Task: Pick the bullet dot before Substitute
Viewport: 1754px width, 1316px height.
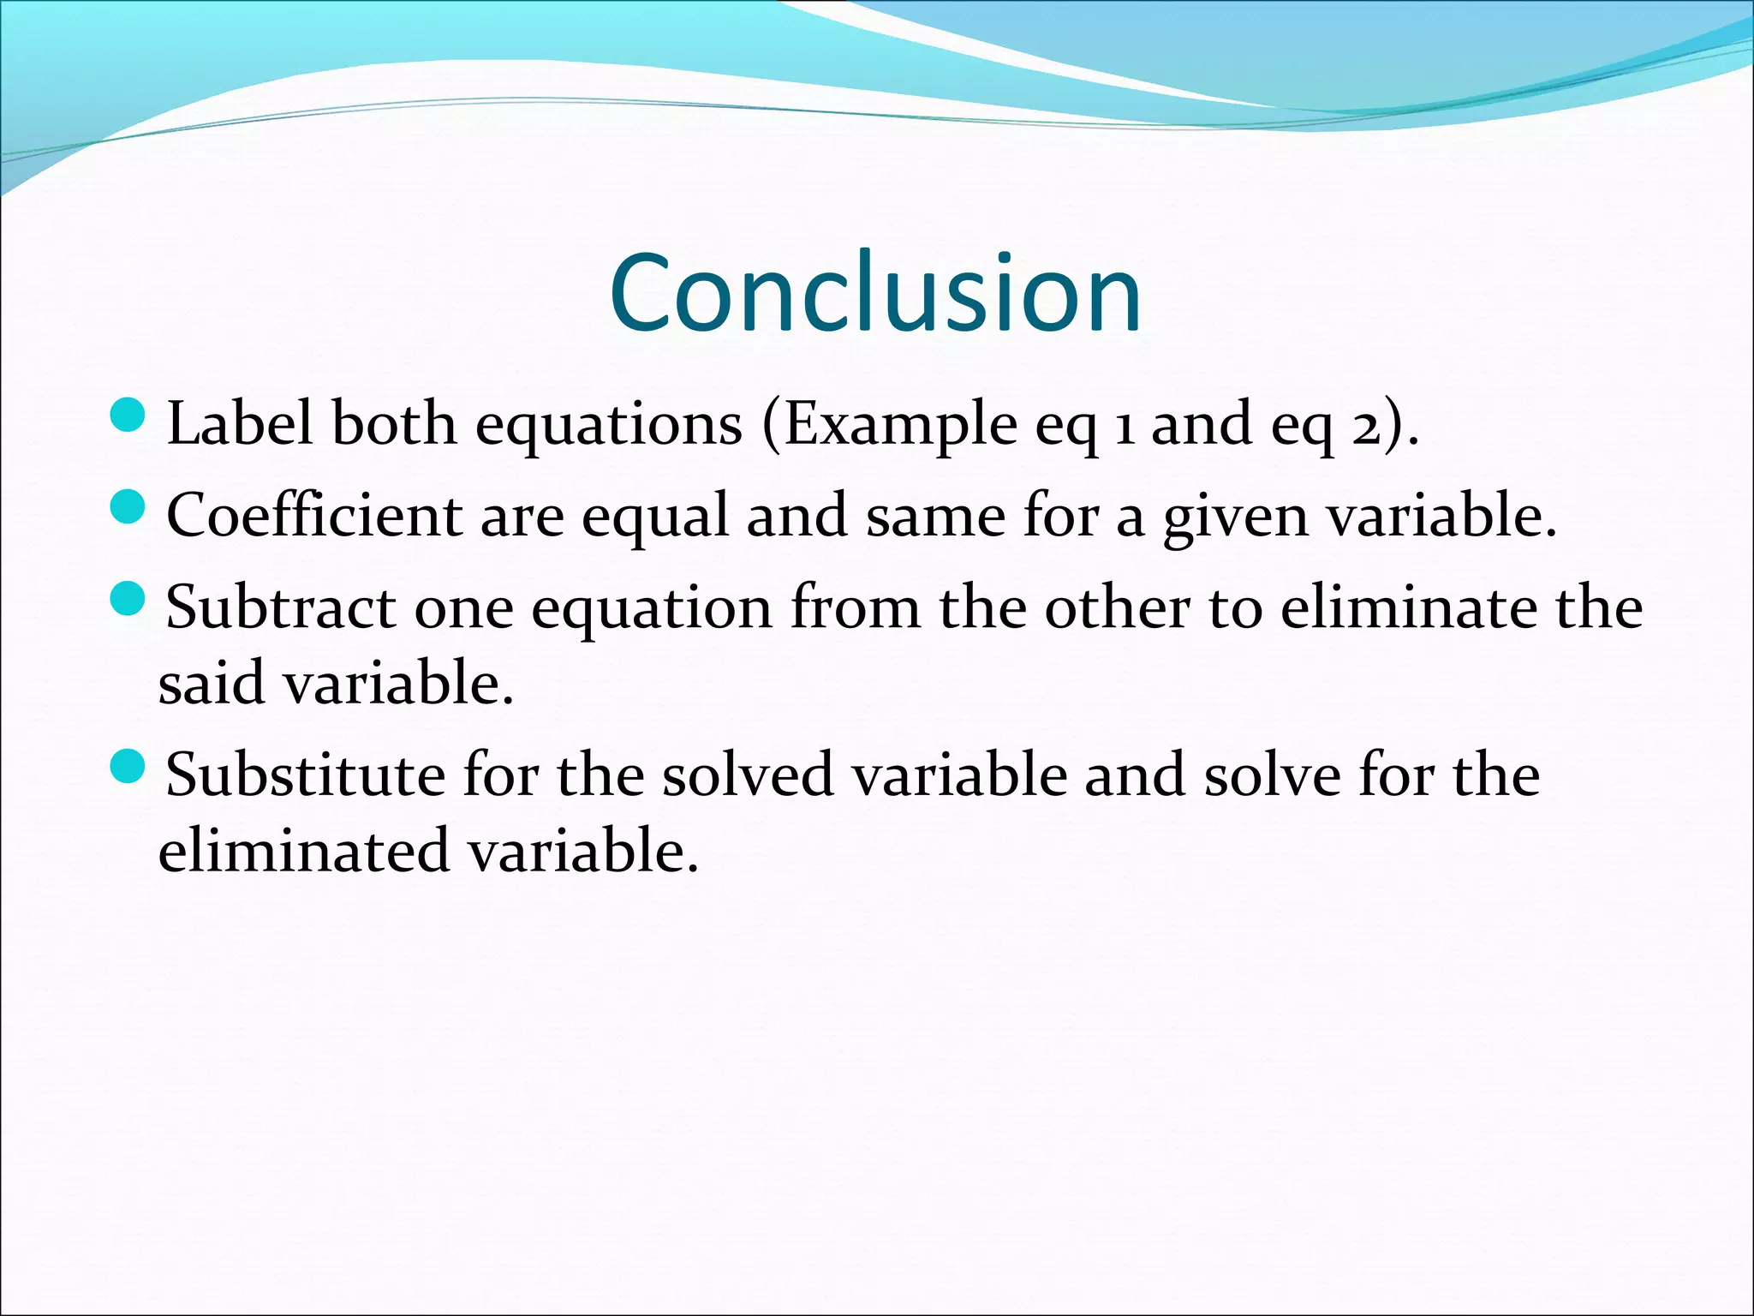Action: [129, 766]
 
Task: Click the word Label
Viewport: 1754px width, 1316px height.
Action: [240, 423]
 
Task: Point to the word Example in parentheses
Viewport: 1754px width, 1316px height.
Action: [900, 425]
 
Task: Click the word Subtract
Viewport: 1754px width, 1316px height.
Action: [280, 607]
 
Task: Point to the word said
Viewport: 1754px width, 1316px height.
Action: [211, 683]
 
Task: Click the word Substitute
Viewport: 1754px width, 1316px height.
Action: [305, 775]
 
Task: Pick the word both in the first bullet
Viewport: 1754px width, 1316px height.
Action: [394, 423]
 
